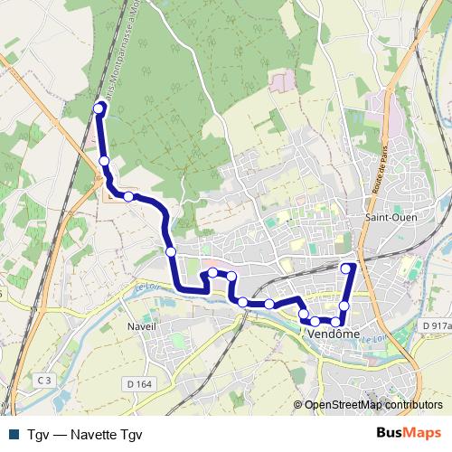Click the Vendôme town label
(334, 334)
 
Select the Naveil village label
(142, 325)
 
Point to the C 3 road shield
(45, 381)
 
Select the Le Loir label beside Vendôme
(376, 338)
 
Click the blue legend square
(13, 434)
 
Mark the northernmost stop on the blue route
(99, 109)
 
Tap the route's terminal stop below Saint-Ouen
(346, 268)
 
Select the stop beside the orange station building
(128, 196)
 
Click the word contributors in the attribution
(413, 405)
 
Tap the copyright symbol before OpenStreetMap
(299, 405)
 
